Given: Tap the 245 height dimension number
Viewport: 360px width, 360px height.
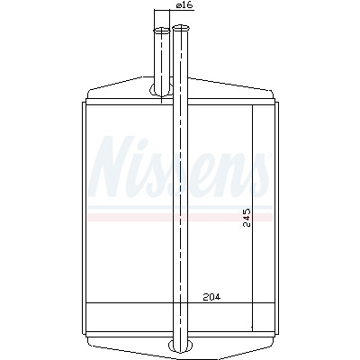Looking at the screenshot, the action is pyautogui.click(x=247, y=218).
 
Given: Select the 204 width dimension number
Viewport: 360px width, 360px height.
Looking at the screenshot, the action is pyautogui.click(x=211, y=297).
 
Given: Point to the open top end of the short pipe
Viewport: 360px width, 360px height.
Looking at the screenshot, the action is pyautogui.click(x=162, y=31).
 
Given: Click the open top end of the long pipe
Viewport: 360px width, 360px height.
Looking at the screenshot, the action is pyautogui.click(x=181, y=28).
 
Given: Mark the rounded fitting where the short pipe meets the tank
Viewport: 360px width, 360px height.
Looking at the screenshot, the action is pyautogui.click(x=161, y=89).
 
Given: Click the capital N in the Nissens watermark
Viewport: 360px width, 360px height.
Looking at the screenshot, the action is pyautogui.click(x=111, y=166).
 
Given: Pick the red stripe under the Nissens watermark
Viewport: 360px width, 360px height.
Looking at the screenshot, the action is pyautogui.click(x=180, y=217).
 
